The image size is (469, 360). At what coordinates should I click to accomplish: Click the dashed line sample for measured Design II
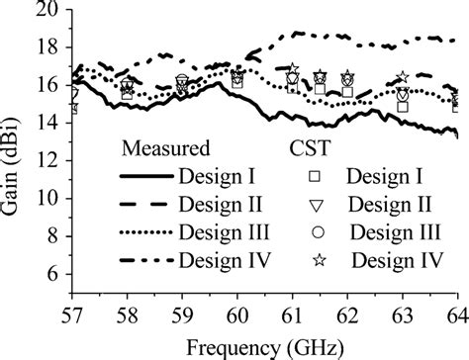point(144,205)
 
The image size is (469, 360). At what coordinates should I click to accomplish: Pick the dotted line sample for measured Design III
point(144,232)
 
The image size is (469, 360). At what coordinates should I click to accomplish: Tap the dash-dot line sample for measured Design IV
point(144,260)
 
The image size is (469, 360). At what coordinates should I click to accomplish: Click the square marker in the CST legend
point(312,177)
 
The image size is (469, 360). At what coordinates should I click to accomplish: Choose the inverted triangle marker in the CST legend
point(312,206)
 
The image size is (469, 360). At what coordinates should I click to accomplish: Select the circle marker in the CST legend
point(312,232)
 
